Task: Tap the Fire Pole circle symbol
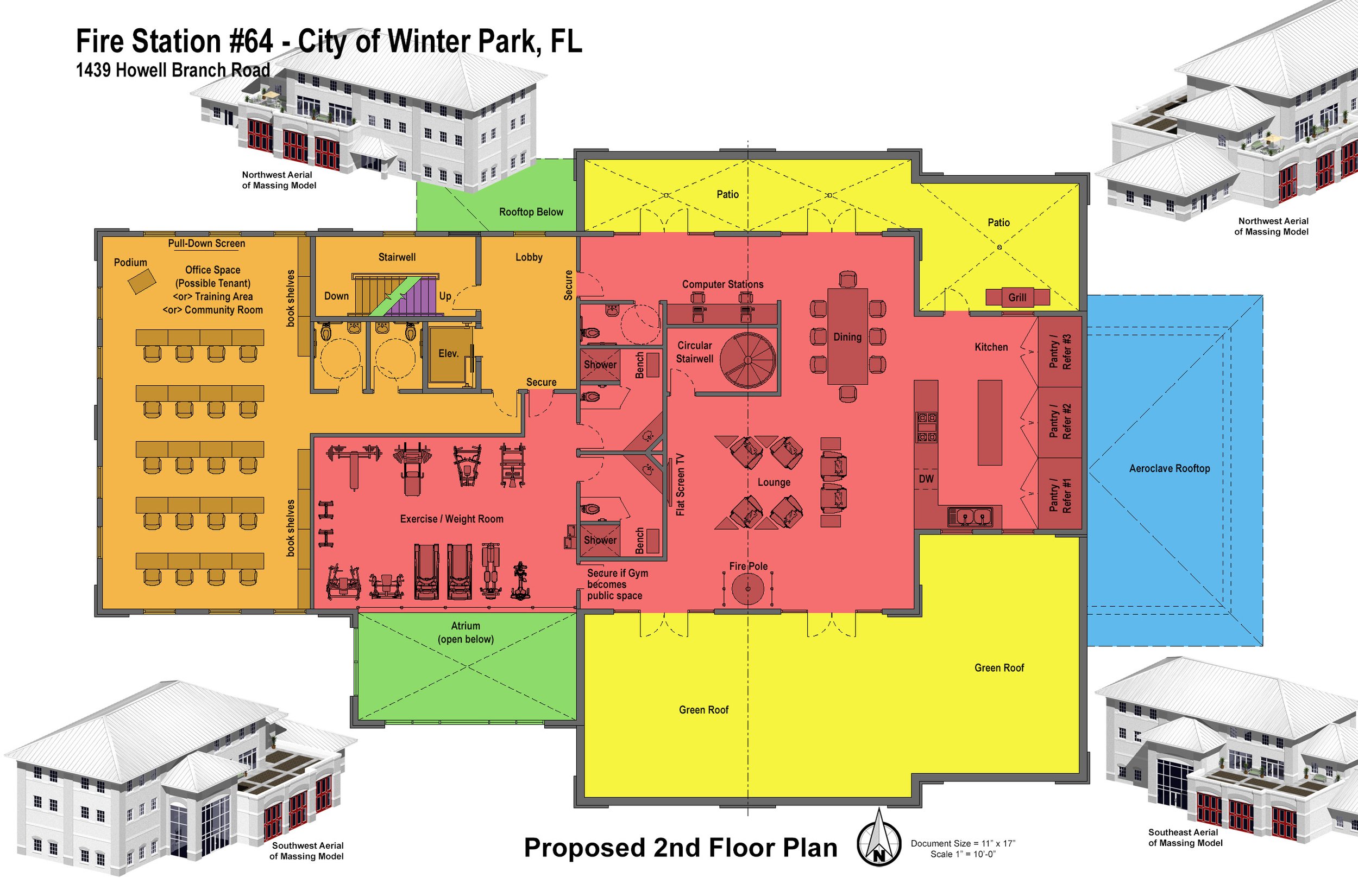tap(747, 589)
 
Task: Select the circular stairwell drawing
tap(747, 360)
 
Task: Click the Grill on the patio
tap(1017, 297)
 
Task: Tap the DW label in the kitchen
tap(926, 479)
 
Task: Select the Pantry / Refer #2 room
tap(1060, 422)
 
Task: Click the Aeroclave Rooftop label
tap(1169, 469)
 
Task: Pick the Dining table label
tap(847, 337)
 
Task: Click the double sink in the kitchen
tap(970, 517)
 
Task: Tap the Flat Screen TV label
tap(680, 485)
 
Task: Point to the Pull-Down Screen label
tap(206, 244)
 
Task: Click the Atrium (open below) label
tap(466, 632)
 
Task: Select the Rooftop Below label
tap(531, 212)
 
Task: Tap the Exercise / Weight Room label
tap(451, 519)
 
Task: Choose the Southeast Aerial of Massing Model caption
tap(1185, 837)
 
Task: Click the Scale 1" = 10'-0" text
tap(963, 854)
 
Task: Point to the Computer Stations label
tap(722, 284)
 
